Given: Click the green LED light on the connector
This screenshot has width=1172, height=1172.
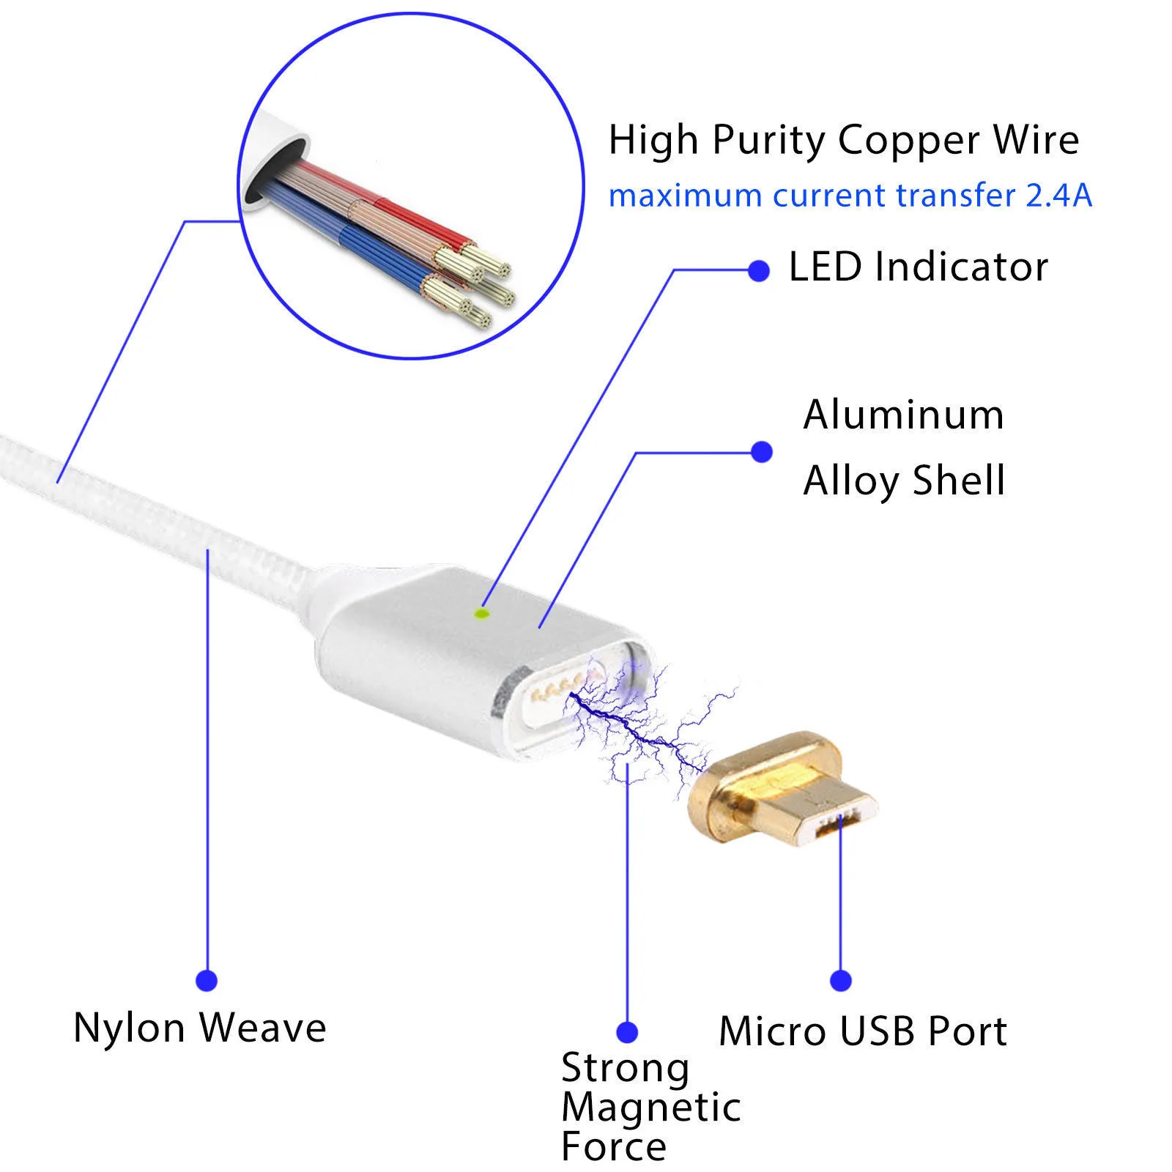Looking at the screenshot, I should [x=482, y=613].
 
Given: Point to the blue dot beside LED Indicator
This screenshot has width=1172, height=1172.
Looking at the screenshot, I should [x=759, y=271].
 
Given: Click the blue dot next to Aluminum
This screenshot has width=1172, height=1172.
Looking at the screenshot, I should [x=762, y=452].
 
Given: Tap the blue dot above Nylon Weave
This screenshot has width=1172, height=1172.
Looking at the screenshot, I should [x=207, y=980].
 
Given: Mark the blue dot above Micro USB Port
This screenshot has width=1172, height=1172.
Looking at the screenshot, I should [x=841, y=980].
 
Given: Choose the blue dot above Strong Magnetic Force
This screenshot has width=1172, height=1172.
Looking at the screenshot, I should [x=627, y=1032].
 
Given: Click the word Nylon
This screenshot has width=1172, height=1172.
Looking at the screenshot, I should [x=129, y=1028].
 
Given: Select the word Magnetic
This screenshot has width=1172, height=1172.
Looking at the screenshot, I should [x=650, y=1107].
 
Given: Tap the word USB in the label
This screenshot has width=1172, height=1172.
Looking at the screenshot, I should [x=878, y=1031].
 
